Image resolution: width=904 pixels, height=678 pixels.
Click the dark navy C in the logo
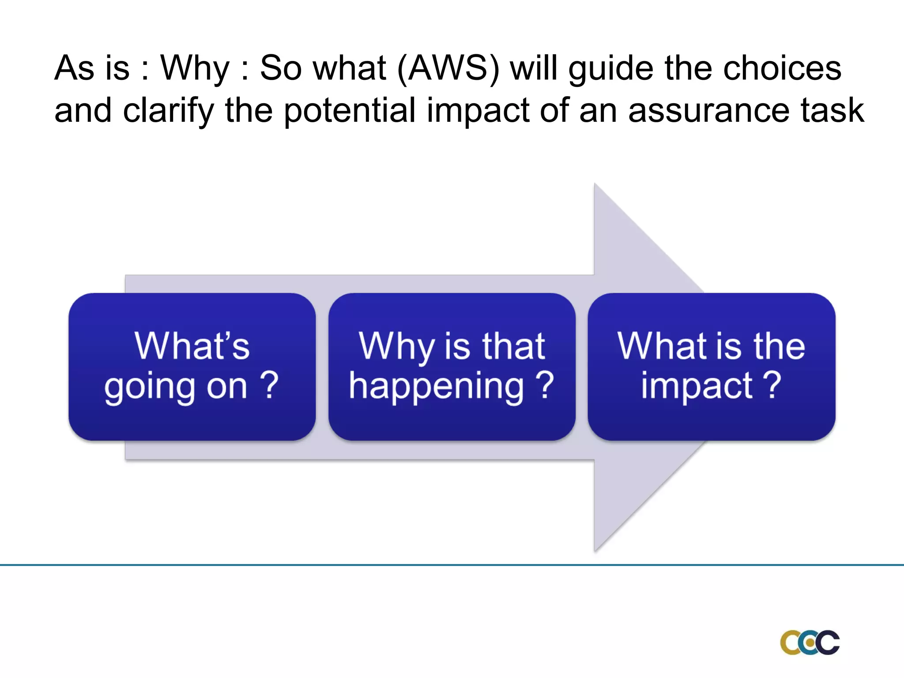pos(826,643)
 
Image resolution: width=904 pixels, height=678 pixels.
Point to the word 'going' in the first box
pos(150,387)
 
